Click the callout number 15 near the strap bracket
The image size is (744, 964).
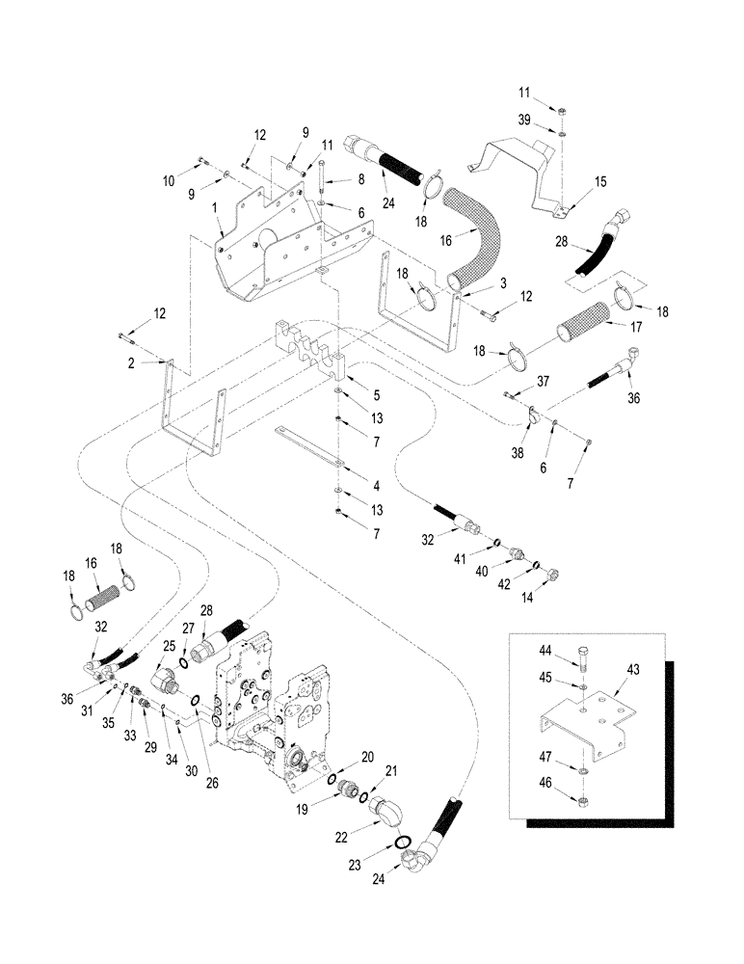coord(599,182)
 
